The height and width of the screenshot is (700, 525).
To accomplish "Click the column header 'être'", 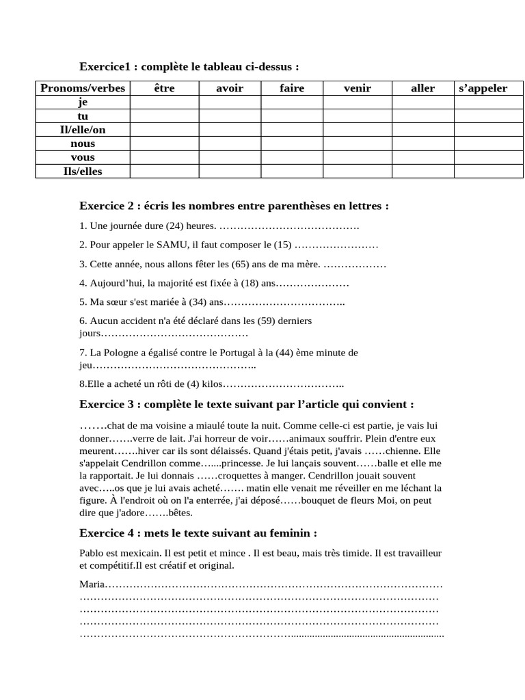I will click(x=164, y=88).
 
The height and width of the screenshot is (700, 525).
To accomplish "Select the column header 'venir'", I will click(x=357, y=88).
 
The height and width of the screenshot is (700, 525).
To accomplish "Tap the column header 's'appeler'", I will click(x=483, y=88).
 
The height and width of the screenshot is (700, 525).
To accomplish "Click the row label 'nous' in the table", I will click(x=83, y=144).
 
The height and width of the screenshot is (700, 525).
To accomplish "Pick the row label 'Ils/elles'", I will click(x=83, y=172).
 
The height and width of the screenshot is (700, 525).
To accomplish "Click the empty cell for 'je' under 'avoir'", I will click(x=230, y=102).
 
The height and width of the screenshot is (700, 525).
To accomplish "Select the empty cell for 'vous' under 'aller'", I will click(x=422, y=157).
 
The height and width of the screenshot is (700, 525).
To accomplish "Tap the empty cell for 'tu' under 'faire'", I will click(x=292, y=116).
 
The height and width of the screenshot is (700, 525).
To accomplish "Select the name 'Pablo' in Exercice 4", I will click(x=92, y=552).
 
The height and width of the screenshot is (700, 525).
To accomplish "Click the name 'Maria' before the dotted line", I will click(x=92, y=584).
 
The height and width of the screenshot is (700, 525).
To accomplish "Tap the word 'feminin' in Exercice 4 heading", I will click(x=291, y=533).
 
